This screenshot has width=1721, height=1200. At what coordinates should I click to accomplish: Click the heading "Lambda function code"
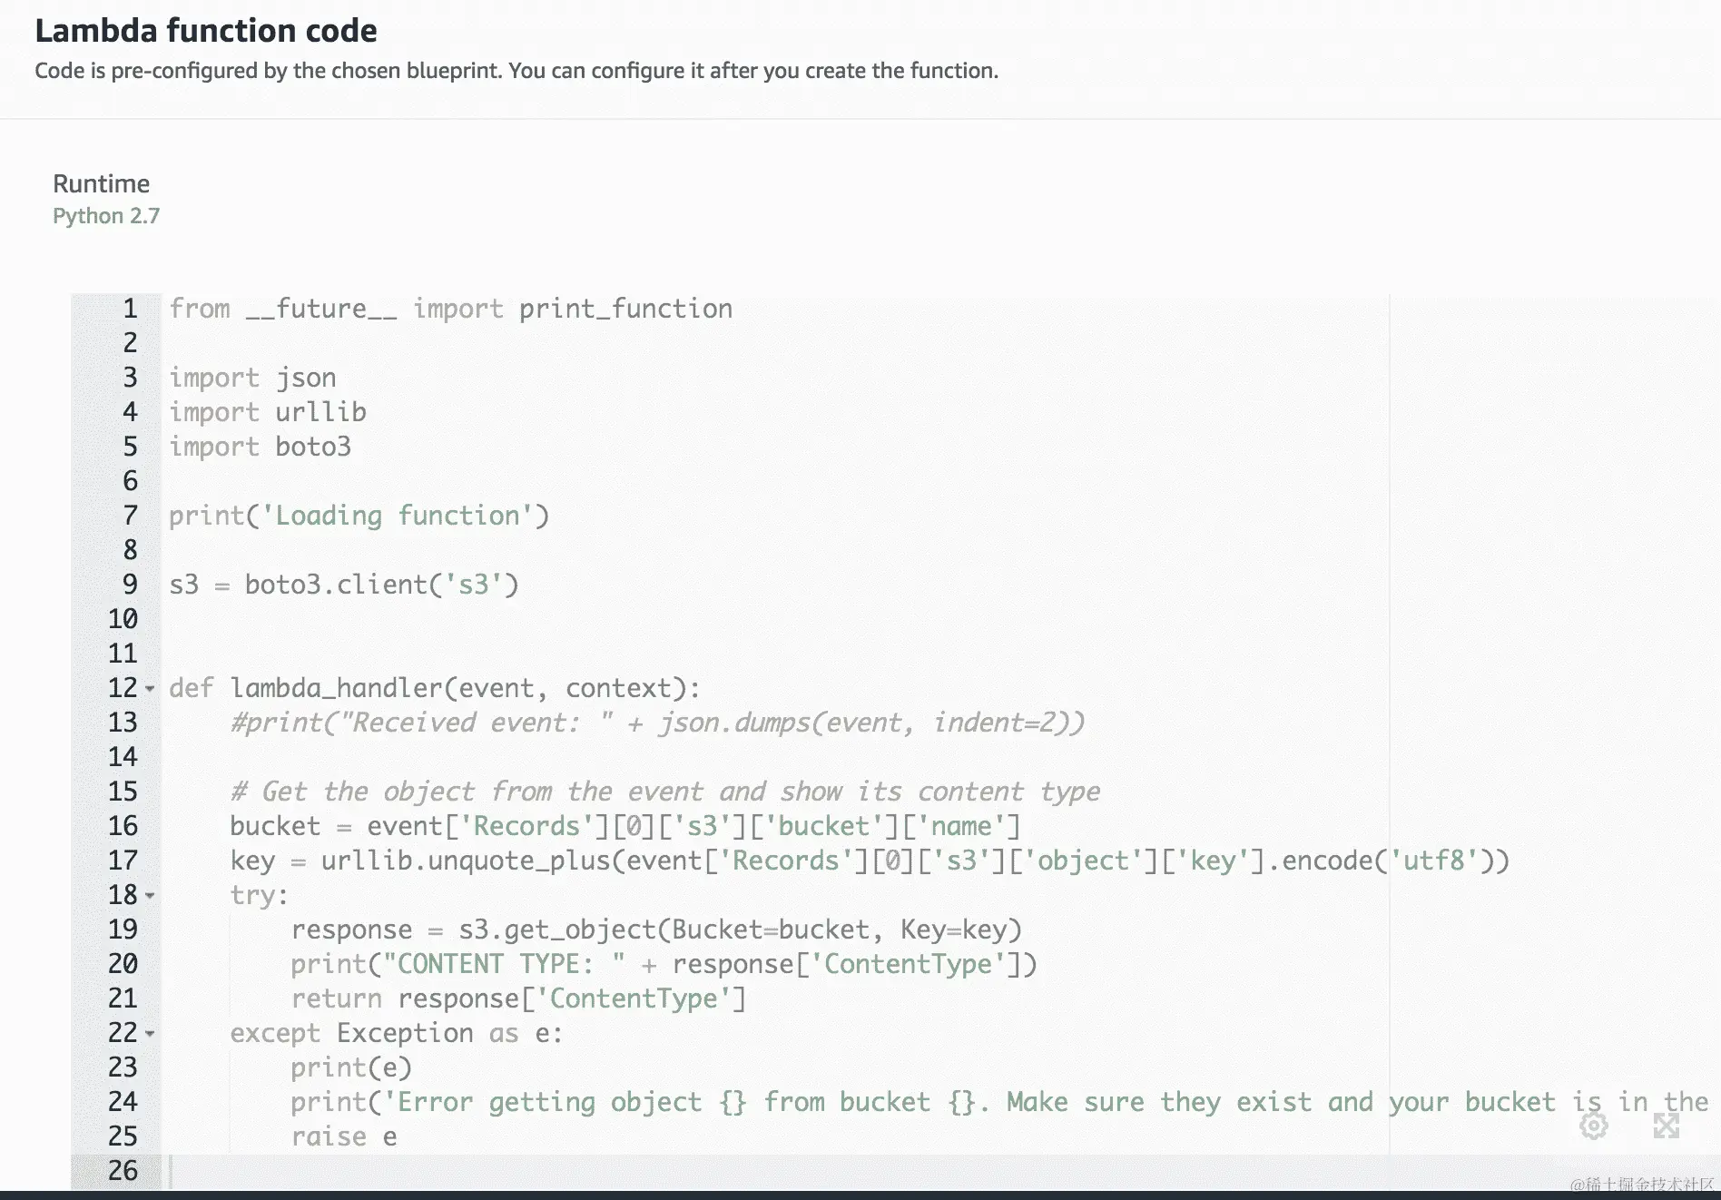pos(206,31)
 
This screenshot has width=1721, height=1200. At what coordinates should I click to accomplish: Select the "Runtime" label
pos(101,183)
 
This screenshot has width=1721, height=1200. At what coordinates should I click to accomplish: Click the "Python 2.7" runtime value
pos(106,216)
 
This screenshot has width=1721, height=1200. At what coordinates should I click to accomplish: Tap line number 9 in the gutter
pos(130,585)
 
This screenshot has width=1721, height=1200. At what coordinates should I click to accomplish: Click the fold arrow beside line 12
pos(150,689)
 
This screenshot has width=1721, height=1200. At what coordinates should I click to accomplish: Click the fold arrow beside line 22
pos(150,1034)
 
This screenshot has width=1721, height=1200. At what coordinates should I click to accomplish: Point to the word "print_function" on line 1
pos(625,309)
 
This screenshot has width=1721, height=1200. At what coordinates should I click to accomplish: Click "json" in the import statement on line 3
pos(306,378)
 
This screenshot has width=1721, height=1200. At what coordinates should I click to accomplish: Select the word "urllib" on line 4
pos(320,412)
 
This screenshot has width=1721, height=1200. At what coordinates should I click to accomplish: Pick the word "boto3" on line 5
pos(313,447)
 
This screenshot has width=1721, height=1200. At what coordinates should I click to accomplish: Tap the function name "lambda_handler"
pos(336,688)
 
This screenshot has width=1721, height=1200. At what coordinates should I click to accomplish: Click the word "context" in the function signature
pos(618,688)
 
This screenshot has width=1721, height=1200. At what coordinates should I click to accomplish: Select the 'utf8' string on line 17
pos(1433,861)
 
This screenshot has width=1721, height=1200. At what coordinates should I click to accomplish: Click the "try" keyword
pos(252,895)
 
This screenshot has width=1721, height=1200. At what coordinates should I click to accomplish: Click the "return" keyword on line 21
pos(336,998)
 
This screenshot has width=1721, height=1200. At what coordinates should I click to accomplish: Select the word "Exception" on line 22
pos(405,1033)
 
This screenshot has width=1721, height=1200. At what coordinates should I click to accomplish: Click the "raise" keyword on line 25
pos(329,1136)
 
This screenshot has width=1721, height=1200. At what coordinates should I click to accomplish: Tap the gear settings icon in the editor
pos(1593,1126)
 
